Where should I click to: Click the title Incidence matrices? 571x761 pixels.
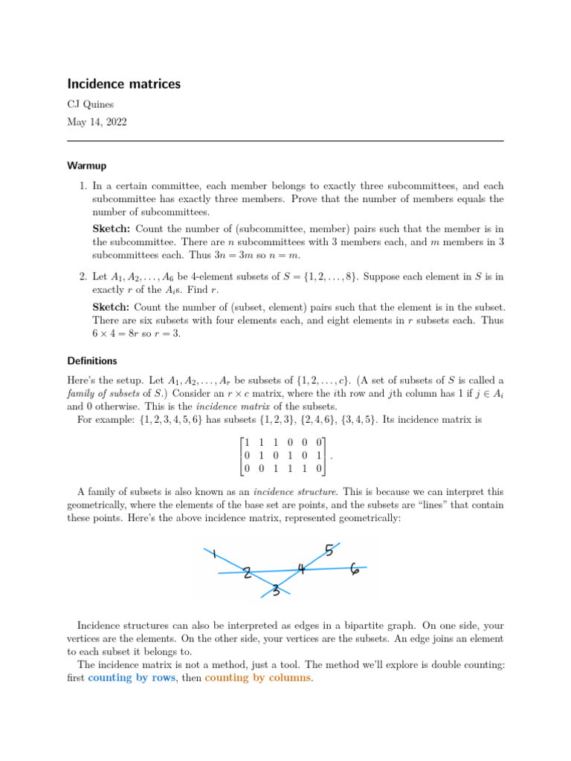(x=123, y=84)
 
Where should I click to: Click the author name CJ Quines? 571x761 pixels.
(x=91, y=105)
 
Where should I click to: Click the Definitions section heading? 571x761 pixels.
(x=92, y=361)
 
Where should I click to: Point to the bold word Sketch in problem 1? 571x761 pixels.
(x=112, y=229)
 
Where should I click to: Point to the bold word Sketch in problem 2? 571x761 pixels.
(x=112, y=306)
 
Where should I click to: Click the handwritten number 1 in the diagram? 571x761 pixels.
(x=214, y=554)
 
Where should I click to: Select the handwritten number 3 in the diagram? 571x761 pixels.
(x=276, y=591)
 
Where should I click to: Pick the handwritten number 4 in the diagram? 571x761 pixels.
(x=301, y=569)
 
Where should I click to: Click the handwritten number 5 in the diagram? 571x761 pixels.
(x=329, y=551)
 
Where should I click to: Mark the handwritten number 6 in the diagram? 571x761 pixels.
(x=355, y=570)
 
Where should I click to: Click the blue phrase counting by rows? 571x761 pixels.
(x=132, y=679)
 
